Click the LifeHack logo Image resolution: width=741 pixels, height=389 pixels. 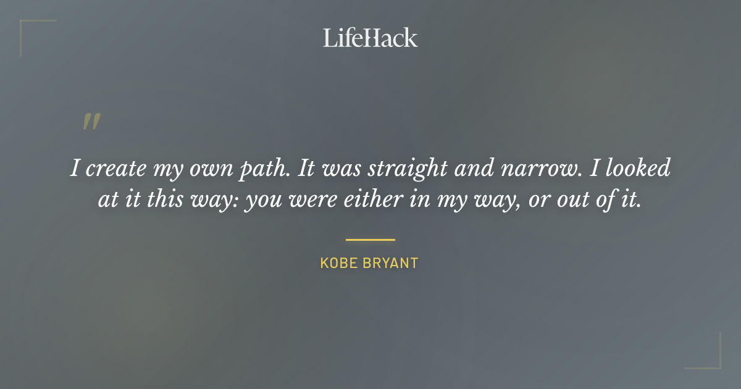tap(370, 38)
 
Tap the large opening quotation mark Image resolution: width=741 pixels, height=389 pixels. tap(91, 122)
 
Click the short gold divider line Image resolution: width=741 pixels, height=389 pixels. tap(370, 240)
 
